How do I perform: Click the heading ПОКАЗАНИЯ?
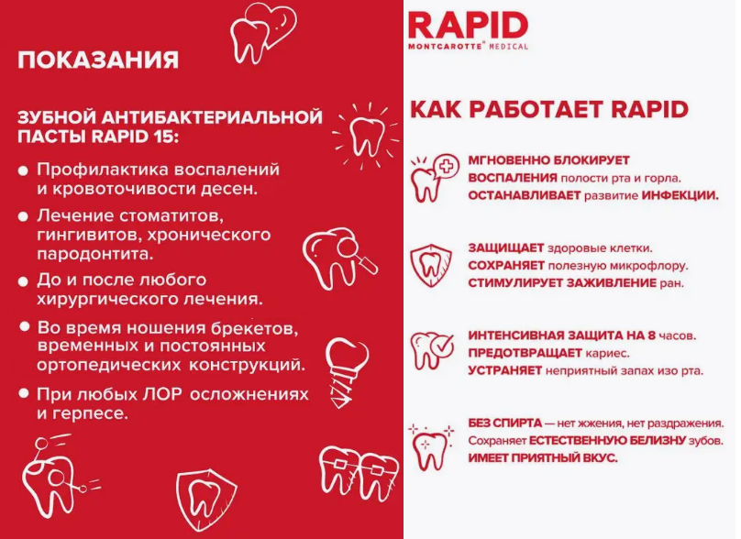(98, 60)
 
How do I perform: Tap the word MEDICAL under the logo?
(508, 47)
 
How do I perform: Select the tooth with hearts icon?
(263, 33)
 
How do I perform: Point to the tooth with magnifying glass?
(339, 258)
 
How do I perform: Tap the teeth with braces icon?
(359, 472)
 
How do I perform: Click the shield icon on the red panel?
(206, 500)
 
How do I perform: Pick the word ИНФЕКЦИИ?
(680, 195)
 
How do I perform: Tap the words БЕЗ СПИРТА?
(504, 423)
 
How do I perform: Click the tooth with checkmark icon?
(431, 350)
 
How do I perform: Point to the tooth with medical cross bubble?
(434, 178)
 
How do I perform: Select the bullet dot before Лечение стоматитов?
(23, 217)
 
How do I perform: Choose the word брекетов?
(255, 328)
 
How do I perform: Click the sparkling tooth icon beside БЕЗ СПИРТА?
(431, 448)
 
